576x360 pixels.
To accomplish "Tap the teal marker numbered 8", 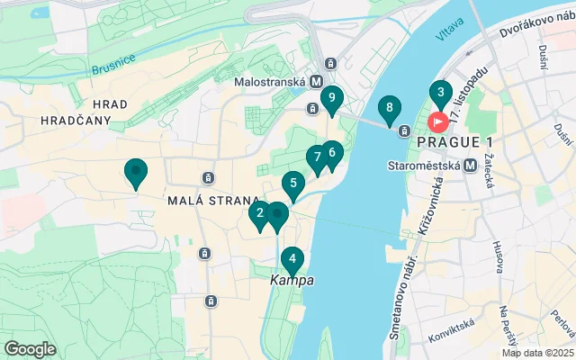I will [389, 110].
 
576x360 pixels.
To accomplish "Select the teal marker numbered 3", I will [440, 93].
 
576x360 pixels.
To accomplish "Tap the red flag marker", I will [438, 120].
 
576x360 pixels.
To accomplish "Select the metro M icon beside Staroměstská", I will [469, 166].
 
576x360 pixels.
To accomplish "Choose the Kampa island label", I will [292, 281].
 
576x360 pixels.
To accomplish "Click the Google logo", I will [30, 348].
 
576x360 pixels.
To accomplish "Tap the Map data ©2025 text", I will [537, 353].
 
